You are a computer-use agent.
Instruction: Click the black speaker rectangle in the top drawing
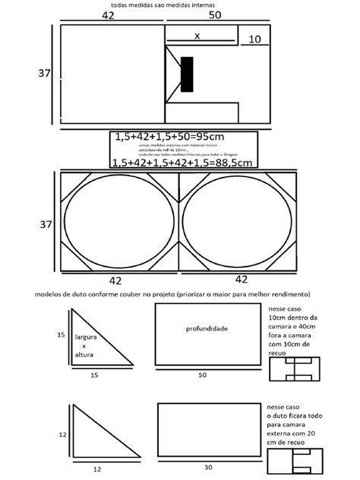pyautogui.click(x=186, y=77)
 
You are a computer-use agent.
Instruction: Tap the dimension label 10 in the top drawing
pyautogui.click(x=254, y=39)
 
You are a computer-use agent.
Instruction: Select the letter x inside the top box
pyautogui.click(x=197, y=36)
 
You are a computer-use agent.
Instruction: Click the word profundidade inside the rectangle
pyautogui.click(x=207, y=328)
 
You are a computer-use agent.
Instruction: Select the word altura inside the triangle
pyautogui.click(x=84, y=354)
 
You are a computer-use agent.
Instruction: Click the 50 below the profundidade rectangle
pyautogui.click(x=203, y=375)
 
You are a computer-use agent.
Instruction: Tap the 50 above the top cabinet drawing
pyautogui.click(x=215, y=14)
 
